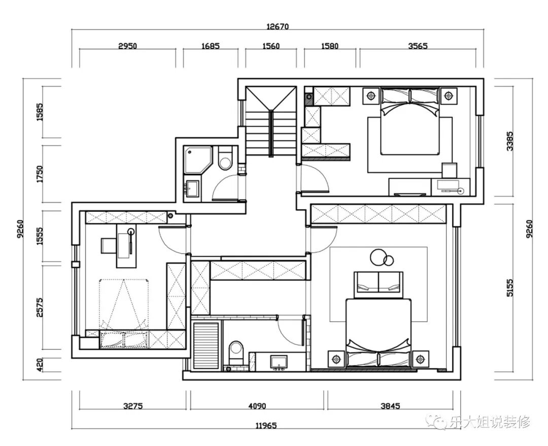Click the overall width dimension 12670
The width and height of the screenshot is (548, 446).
point(278,26)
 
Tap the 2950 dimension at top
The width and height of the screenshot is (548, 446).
point(127,46)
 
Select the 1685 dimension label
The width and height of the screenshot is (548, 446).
point(211,46)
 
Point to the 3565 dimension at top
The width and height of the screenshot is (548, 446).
point(418,46)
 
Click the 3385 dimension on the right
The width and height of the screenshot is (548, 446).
point(510,141)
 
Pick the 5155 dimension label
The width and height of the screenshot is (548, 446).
point(510,288)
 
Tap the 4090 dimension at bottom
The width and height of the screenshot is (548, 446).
point(257,406)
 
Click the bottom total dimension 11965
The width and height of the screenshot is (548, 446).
point(266,426)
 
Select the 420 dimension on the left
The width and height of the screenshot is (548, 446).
point(40,365)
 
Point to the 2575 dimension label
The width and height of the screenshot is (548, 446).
point(40,307)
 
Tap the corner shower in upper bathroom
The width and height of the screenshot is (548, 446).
point(198,160)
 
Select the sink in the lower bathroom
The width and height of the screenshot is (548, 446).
point(279,362)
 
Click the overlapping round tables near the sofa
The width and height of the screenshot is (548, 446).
point(382,258)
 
